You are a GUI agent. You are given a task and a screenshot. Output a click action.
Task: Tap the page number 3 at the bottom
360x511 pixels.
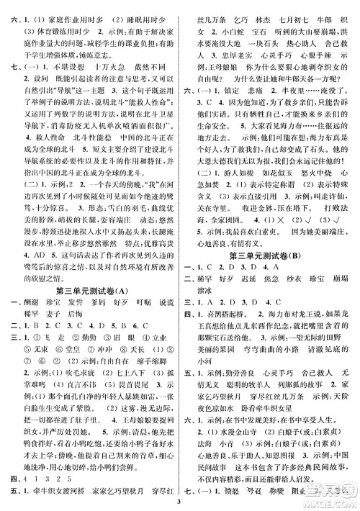180,502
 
